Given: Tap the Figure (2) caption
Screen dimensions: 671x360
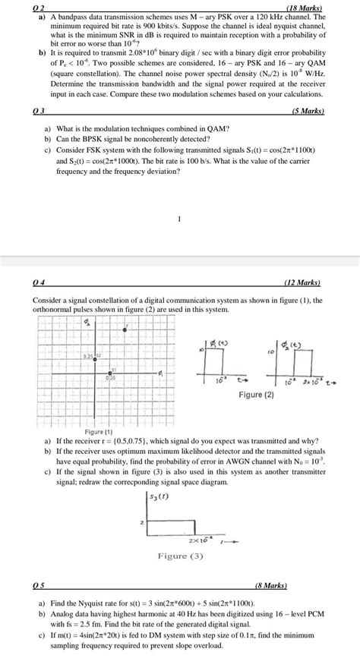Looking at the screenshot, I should tap(261, 395).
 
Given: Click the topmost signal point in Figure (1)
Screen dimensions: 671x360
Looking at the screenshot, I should tap(125, 327).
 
